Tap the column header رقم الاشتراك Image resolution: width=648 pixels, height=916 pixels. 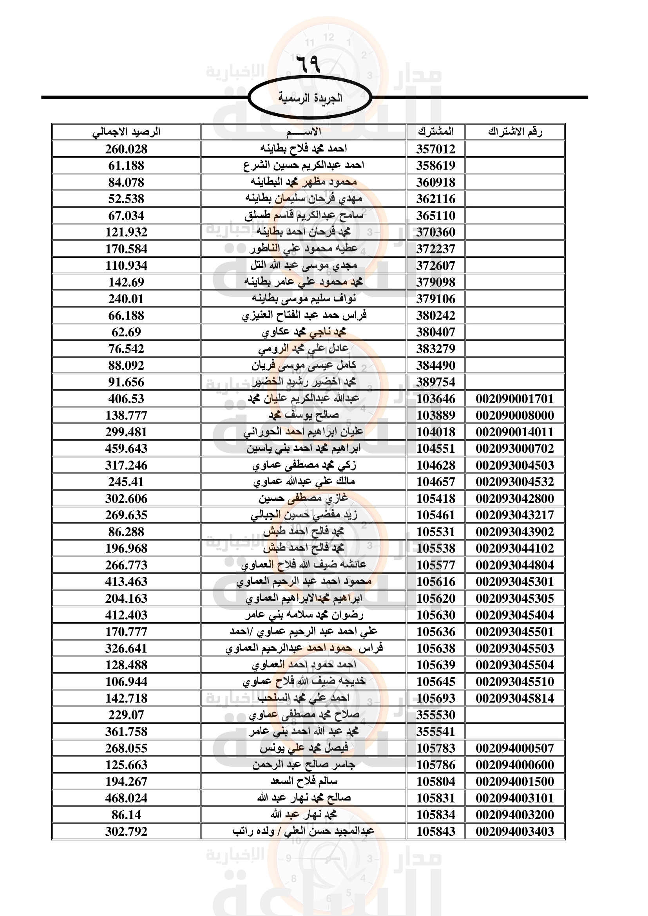click(515, 132)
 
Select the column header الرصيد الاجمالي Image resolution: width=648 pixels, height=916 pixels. click(126, 132)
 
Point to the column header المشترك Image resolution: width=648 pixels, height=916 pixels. click(436, 132)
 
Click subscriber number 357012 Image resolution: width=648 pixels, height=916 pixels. click(436, 149)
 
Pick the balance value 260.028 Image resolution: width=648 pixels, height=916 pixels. click(126, 149)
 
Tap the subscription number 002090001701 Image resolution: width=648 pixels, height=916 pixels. click(515, 399)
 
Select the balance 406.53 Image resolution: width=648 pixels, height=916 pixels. click(126, 399)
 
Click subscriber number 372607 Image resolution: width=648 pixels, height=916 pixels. click(436, 265)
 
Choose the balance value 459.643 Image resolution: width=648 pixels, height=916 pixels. click(126, 448)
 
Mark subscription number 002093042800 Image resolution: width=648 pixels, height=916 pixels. click(515, 498)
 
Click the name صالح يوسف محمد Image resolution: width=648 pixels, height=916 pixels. click(304, 415)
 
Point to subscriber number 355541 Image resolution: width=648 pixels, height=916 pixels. click(436, 731)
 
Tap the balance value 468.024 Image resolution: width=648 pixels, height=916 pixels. click(126, 798)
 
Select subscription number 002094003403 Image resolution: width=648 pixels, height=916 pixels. click(515, 831)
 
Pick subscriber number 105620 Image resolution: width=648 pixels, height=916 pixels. click(436, 598)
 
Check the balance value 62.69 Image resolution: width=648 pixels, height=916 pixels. click(126, 332)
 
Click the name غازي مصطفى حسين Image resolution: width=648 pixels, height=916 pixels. click(303, 498)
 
